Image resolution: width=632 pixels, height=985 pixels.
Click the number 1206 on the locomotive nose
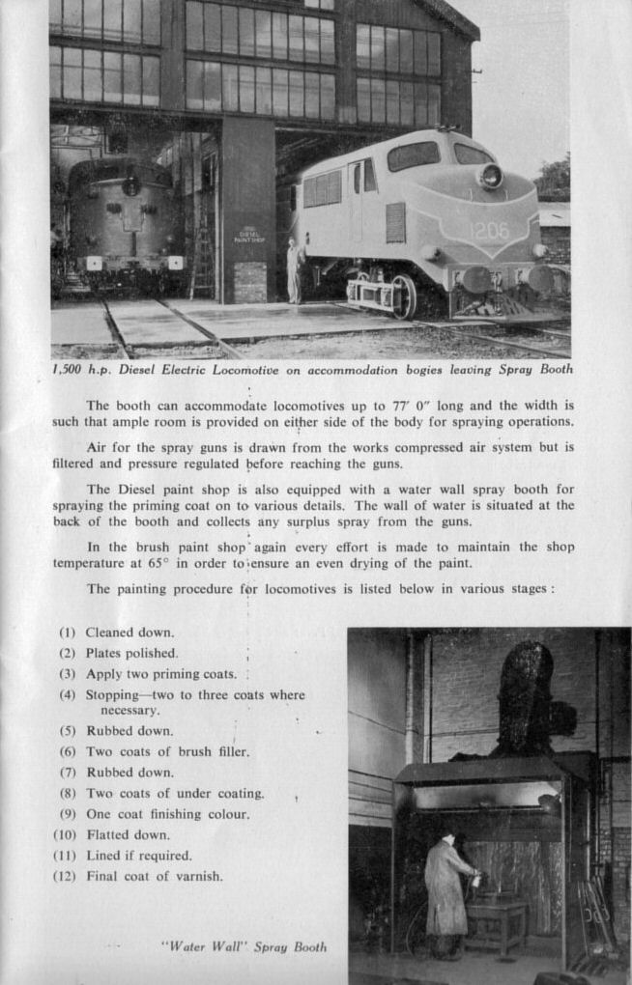pyautogui.click(x=489, y=232)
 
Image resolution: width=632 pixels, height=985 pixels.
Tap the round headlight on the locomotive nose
pyautogui.click(x=491, y=176)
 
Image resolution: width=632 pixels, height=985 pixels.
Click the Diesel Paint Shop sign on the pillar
pyautogui.click(x=248, y=235)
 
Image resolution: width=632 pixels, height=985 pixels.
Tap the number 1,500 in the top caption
pyautogui.click(x=71, y=369)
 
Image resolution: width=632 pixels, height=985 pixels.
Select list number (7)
pyautogui.click(x=68, y=773)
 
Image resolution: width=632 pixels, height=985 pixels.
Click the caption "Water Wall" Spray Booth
pyautogui.click(x=244, y=946)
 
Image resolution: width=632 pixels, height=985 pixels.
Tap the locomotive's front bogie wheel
pyautogui.click(x=404, y=295)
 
